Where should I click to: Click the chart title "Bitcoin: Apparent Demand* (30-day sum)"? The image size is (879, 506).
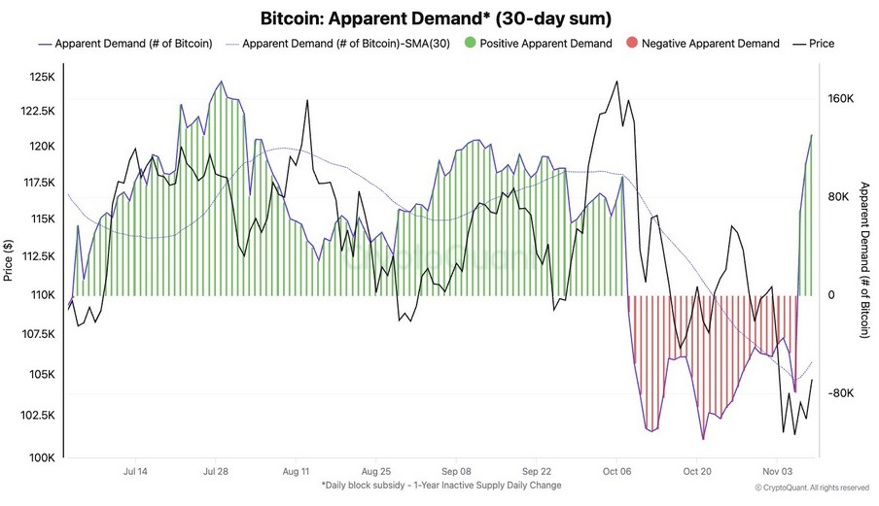click(x=435, y=18)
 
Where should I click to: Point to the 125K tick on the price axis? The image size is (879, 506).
click(x=40, y=77)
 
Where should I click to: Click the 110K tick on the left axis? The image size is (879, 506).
click(x=40, y=293)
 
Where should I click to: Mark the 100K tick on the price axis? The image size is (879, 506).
click(x=40, y=457)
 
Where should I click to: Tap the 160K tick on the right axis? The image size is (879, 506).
click(x=840, y=99)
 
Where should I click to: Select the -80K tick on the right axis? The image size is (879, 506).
click(x=840, y=393)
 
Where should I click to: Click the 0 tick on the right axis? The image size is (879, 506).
click(x=832, y=295)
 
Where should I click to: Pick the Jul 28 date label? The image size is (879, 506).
click(x=216, y=472)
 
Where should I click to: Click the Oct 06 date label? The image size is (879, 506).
click(x=616, y=472)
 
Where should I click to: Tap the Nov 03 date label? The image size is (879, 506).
click(x=777, y=472)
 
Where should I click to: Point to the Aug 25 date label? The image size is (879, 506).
click(x=375, y=472)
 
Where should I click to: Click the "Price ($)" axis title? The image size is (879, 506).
click(x=9, y=260)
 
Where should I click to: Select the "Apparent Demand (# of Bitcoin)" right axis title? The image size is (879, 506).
click(x=863, y=260)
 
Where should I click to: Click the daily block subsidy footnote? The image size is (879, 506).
click(x=440, y=486)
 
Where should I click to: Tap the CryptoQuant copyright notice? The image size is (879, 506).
click(x=811, y=488)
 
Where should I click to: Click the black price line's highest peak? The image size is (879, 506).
click(x=615, y=82)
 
